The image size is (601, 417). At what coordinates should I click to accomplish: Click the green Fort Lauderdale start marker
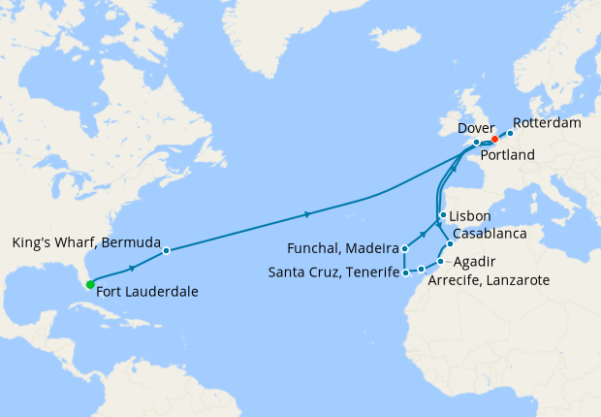[89, 284]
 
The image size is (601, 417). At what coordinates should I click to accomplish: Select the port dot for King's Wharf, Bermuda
[166, 250]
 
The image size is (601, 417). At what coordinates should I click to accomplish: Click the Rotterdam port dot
[510, 133]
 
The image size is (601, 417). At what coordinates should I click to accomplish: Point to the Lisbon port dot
[442, 215]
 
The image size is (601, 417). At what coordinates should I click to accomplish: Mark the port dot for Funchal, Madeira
[405, 249]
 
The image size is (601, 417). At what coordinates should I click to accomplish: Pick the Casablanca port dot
[451, 243]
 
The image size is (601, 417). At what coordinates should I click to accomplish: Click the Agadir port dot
[440, 261]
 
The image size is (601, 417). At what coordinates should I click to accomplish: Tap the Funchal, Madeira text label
[346, 249]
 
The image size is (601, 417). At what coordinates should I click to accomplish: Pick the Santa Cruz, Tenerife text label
[332, 273]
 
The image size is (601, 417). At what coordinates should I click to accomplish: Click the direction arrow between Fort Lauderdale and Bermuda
[131, 265]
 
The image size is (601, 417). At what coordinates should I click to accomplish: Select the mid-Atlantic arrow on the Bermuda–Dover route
[307, 213]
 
